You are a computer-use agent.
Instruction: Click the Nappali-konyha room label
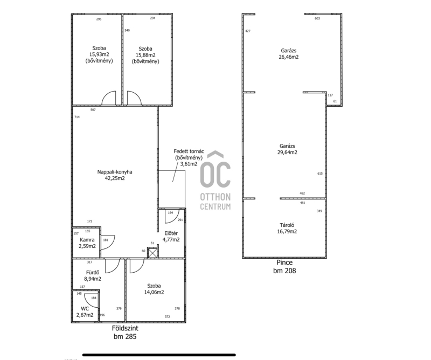(x=115, y=172)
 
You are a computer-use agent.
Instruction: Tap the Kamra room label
(x=87, y=240)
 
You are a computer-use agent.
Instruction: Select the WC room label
(x=85, y=309)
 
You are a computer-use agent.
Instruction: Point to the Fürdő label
(x=93, y=273)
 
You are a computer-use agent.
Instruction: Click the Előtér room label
(x=171, y=233)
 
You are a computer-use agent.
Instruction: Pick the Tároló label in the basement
(x=287, y=225)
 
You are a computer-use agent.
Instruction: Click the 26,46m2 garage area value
(x=289, y=57)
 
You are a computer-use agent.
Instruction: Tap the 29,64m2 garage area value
(x=287, y=153)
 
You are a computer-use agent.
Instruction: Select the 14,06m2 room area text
(x=154, y=292)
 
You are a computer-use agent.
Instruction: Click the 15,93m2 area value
(x=99, y=54)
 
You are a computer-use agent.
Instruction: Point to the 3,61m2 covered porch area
(x=189, y=164)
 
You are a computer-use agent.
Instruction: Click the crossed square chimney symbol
(x=152, y=253)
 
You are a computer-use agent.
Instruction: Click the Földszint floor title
(x=125, y=328)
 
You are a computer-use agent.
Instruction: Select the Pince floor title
(x=284, y=262)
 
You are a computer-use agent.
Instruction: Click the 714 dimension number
(x=77, y=117)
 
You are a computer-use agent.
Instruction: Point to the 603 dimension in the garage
(x=317, y=18)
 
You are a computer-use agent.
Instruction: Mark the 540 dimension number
(x=127, y=30)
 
